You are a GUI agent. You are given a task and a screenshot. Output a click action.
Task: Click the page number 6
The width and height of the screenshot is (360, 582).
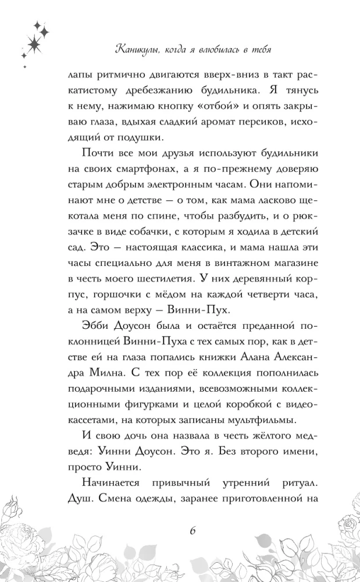coord(193,531)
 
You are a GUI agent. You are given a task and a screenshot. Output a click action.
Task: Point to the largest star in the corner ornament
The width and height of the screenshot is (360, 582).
coord(35,41)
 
